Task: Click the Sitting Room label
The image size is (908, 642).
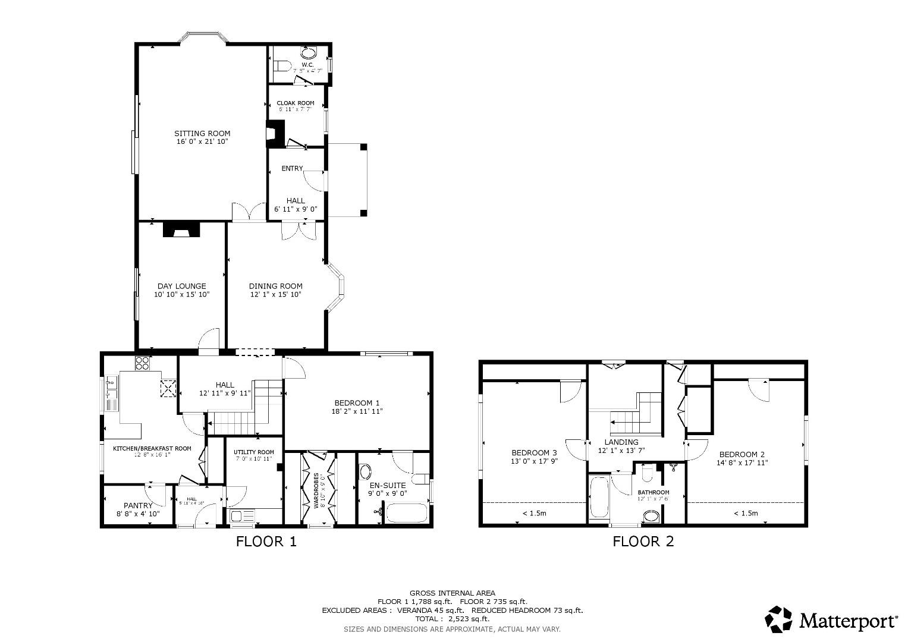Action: click(202, 133)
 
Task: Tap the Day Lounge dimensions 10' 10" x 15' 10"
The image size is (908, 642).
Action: click(181, 294)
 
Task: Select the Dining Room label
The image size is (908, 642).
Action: click(275, 286)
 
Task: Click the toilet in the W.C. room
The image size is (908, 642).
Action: click(282, 64)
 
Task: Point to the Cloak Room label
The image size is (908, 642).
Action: click(296, 103)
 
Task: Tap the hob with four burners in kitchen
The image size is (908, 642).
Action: click(142, 363)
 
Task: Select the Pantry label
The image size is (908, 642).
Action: click(138, 505)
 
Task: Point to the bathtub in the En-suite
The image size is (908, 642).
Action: click(407, 513)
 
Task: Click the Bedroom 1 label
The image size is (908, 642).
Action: click(357, 402)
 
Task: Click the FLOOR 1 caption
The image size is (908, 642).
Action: click(266, 542)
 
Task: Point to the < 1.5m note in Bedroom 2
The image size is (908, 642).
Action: click(745, 514)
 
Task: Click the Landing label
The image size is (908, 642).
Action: click(621, 442)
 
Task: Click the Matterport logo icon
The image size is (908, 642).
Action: click(778, 619)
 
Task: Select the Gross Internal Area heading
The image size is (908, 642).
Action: click(452, 593)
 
